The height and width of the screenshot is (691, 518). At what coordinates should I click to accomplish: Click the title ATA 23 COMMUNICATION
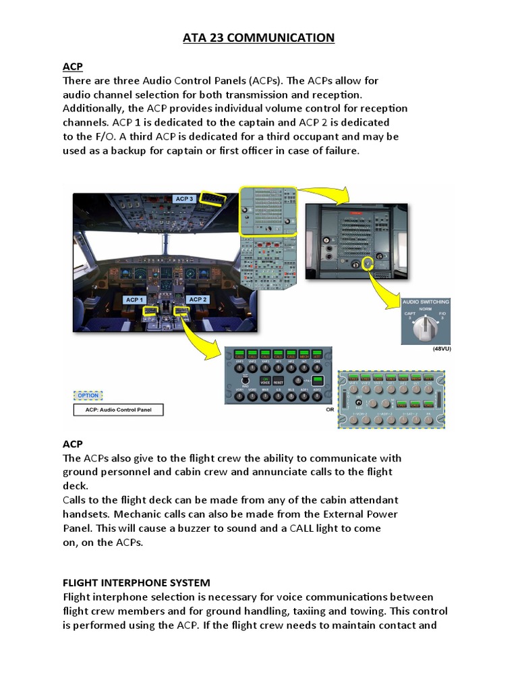[259, 38]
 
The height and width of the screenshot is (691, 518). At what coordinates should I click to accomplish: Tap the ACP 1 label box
[134, 299]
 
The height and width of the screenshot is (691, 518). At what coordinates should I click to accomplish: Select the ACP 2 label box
[198, 299]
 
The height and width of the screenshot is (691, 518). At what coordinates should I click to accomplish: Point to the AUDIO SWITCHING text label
[426, 302]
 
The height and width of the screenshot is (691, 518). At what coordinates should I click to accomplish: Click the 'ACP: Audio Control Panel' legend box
[117, 410]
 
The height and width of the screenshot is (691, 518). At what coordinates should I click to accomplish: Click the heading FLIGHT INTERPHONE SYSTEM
[136, 582]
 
